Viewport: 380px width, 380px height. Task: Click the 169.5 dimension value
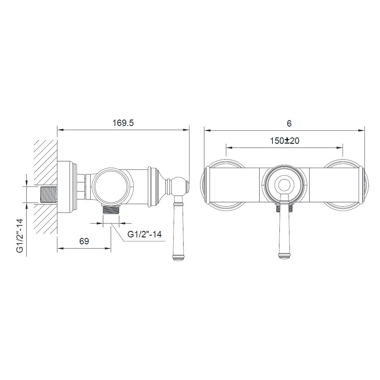pos(123,123)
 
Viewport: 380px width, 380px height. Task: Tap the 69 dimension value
pos(84,241)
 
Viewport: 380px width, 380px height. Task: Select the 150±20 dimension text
pos(285,141)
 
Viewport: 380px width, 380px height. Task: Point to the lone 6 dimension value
pos(289,123)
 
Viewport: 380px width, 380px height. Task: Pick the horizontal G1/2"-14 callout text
pos(144,234)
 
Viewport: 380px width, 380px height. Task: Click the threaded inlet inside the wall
pos(49,195)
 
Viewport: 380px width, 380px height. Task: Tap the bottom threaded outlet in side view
pos(111,209)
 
